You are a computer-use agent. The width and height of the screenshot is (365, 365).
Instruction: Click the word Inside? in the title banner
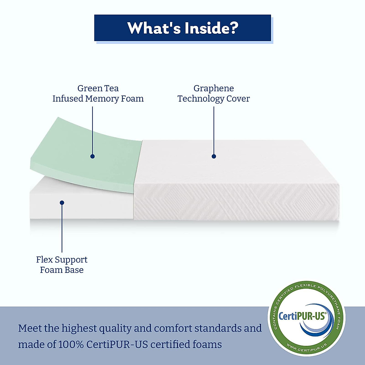point(211,28)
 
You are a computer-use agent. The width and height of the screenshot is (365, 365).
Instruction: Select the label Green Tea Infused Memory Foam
point(98,93)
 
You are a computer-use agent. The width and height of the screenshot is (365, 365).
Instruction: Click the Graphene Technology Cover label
point(214,93)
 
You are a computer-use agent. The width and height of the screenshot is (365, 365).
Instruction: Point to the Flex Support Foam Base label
point(62,265)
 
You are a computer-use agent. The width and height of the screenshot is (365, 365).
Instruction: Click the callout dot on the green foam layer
point(92,156)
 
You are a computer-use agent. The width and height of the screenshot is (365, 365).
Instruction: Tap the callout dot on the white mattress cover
point(214,156)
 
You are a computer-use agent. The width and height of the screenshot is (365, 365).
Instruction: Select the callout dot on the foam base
point(62,203)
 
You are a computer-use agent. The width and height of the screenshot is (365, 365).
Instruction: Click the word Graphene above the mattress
point(214,88)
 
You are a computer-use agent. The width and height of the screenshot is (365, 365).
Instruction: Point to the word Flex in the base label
point(44,259)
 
